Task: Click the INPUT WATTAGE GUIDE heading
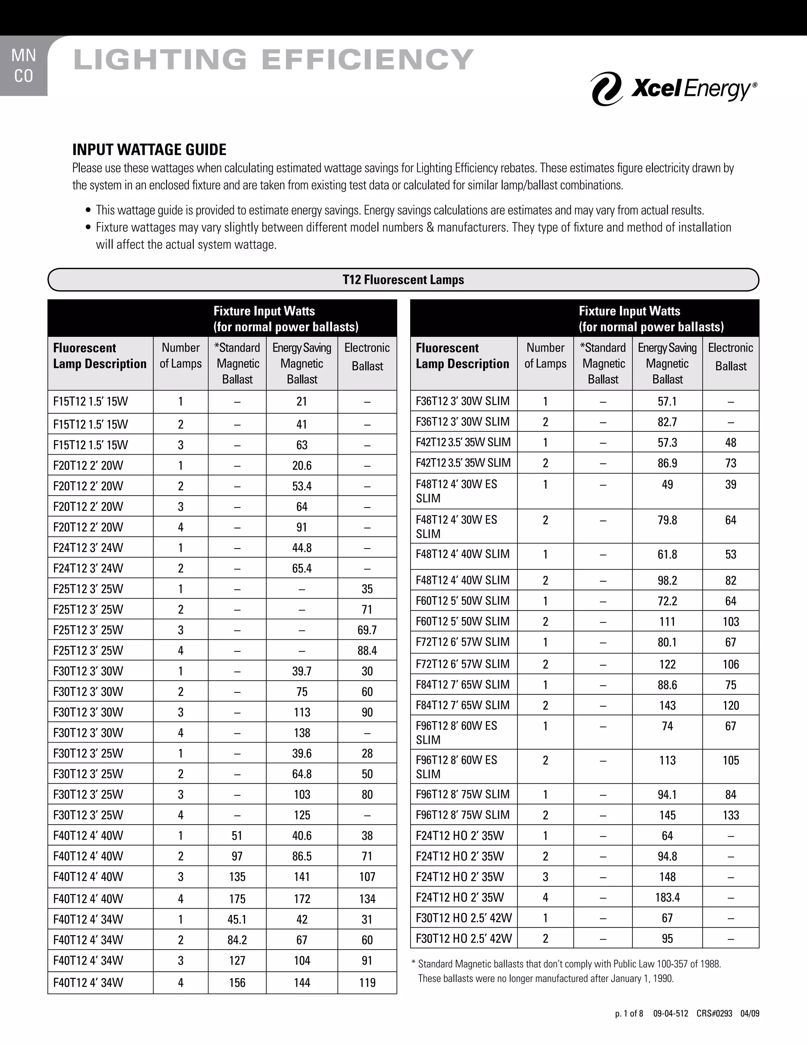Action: coord(149,150)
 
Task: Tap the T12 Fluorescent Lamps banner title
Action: coord(403,280)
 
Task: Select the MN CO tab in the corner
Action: coord(23,66)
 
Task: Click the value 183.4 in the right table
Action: coord(667,898)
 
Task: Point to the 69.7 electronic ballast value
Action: coord(367,630)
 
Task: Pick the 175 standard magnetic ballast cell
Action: coord(237,899)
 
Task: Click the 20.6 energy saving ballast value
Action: coord(302,466)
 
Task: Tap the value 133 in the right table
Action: coord(731,815)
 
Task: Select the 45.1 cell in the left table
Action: coord(237,920)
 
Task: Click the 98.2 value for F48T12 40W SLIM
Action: coord(667,580)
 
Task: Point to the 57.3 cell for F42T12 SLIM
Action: coord(667,442)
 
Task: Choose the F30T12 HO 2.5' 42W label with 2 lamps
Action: coord(463,939)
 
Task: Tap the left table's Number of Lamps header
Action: coord(181,356)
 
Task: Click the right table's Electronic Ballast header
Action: coord(731,357)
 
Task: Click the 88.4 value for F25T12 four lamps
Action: coord(367,651)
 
